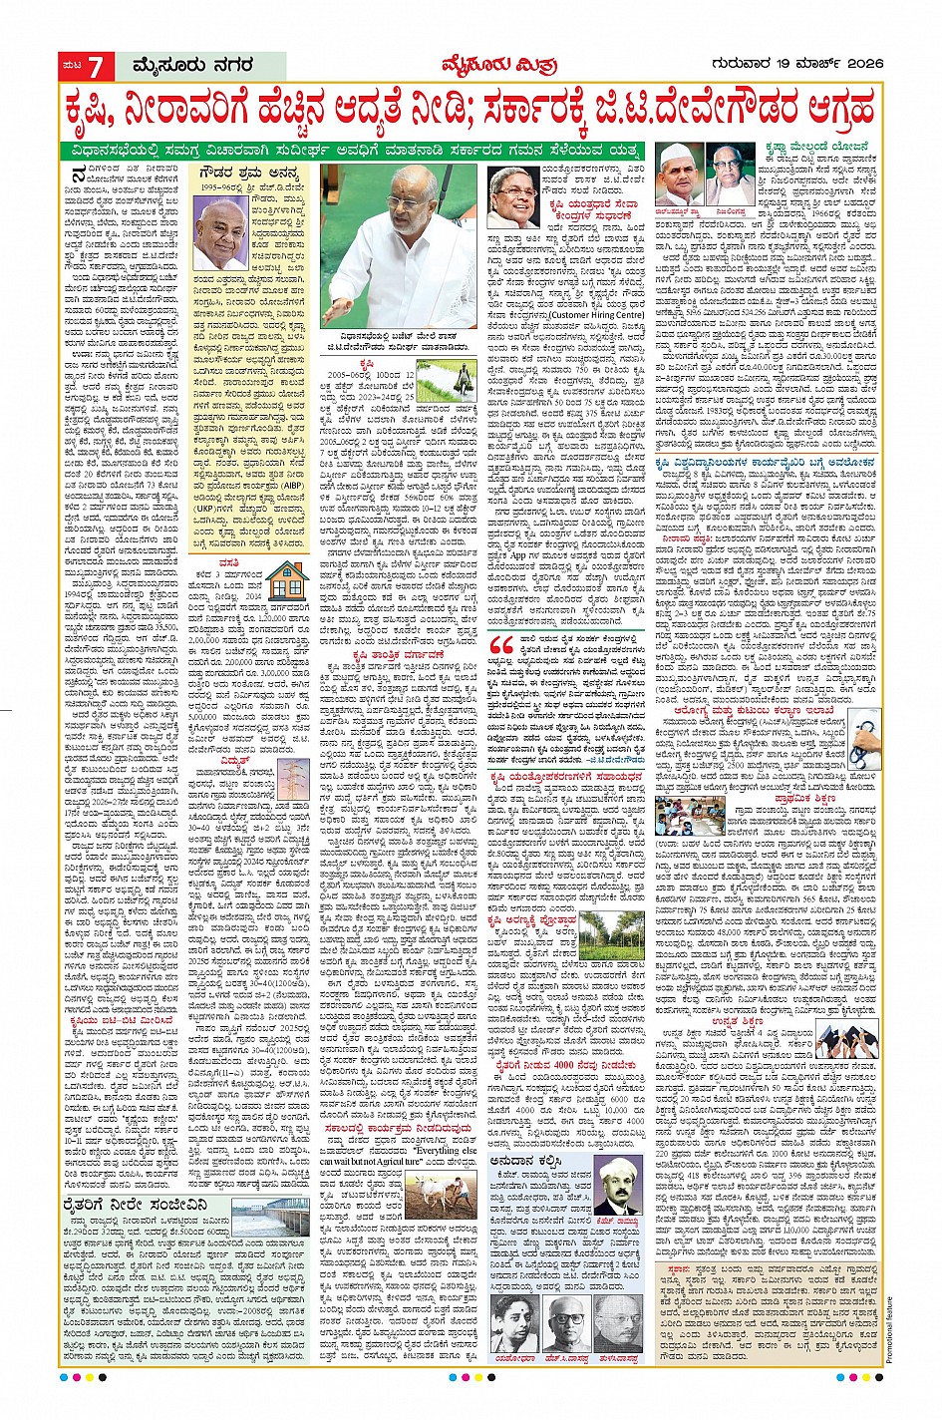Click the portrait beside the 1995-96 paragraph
[220, 233]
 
